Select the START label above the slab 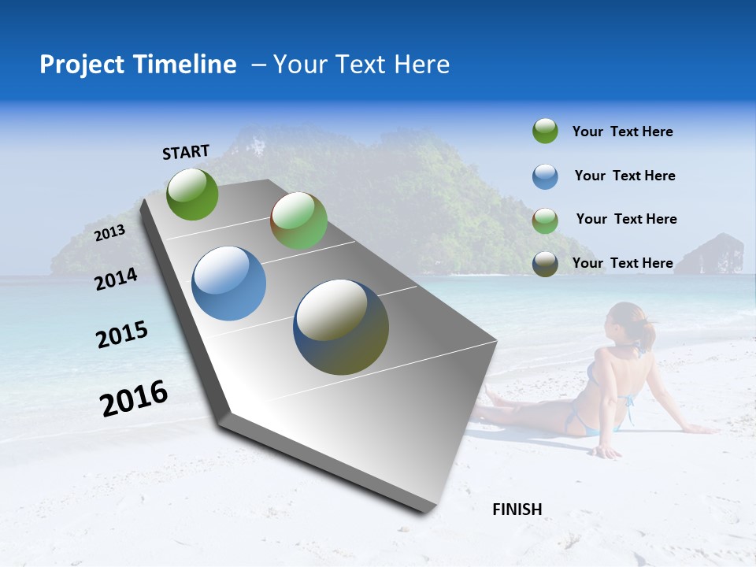pos(186,152)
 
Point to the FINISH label pos(517,510)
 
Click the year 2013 pos(109,232)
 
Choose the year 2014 pos(116,279)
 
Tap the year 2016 pos(134,398)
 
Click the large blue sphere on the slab pos(229,283)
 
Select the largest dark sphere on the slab pos(341,327)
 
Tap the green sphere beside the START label pos(193,194)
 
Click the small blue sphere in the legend pos(545,176)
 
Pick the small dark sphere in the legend pos(545,264)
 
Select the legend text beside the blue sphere pos(624,176)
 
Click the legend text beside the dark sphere pos(622,263)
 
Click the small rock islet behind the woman pos(711,254)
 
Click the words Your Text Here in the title pos(361,65)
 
